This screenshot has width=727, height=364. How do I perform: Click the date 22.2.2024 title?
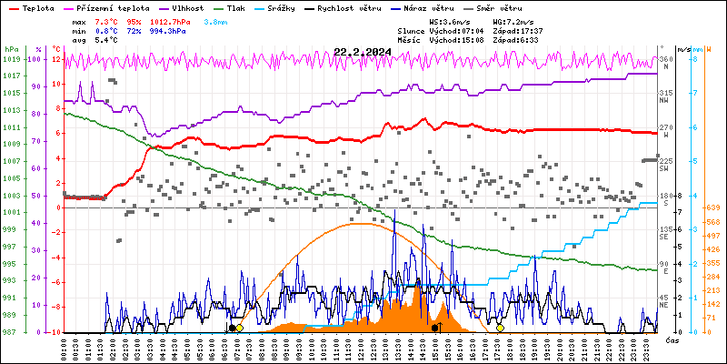(x=363, y=52)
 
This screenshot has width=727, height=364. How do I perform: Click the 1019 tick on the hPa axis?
(x=11, y=59)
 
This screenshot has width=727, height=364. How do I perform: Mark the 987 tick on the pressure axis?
(x=11, y=333)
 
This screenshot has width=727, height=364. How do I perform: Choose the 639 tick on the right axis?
(x=713, y=208)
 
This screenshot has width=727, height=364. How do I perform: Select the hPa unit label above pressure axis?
(x=10, y=49)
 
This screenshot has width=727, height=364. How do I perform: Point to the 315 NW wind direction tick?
(x=665, y=96)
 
